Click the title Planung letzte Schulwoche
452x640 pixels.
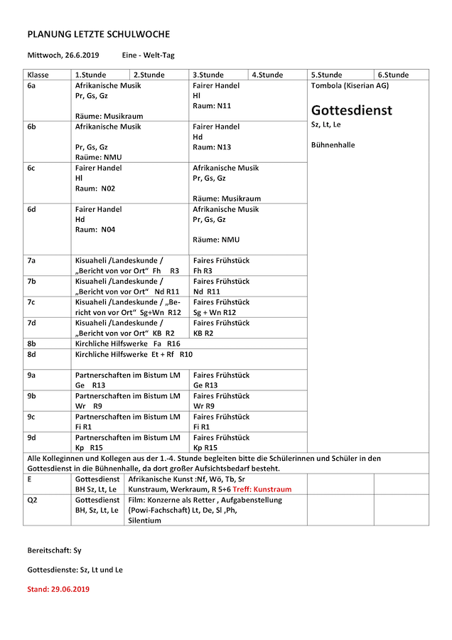98,34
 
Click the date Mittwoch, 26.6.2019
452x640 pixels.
63,55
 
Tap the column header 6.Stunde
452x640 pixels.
393,75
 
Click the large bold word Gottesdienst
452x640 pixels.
351,111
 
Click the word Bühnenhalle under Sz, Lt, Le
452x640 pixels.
333,145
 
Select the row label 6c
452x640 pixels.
32,168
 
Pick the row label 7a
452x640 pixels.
32,260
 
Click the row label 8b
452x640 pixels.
32,343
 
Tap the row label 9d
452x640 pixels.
32,437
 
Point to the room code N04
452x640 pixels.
108,230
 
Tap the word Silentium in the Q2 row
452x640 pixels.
144,520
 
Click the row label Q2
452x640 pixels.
32,500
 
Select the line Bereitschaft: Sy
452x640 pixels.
54,550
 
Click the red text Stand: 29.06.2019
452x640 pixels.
58,589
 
